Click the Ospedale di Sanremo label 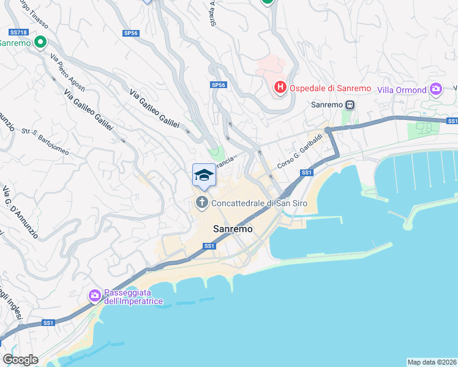point(331,88)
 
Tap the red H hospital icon point(280,88)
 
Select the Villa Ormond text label point(402,90)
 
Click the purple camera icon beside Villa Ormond point(436,89)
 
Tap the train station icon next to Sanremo point(350,105)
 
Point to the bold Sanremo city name point(233,229)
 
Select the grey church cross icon point(202,202)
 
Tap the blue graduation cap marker point(204,176)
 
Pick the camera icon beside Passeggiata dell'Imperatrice point(94,296)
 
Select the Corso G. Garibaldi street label point(299,152)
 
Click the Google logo point(20,360)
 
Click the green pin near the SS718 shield point(40,43)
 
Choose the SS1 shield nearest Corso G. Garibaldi point(307,173)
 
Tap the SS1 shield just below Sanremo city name point(209,246)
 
